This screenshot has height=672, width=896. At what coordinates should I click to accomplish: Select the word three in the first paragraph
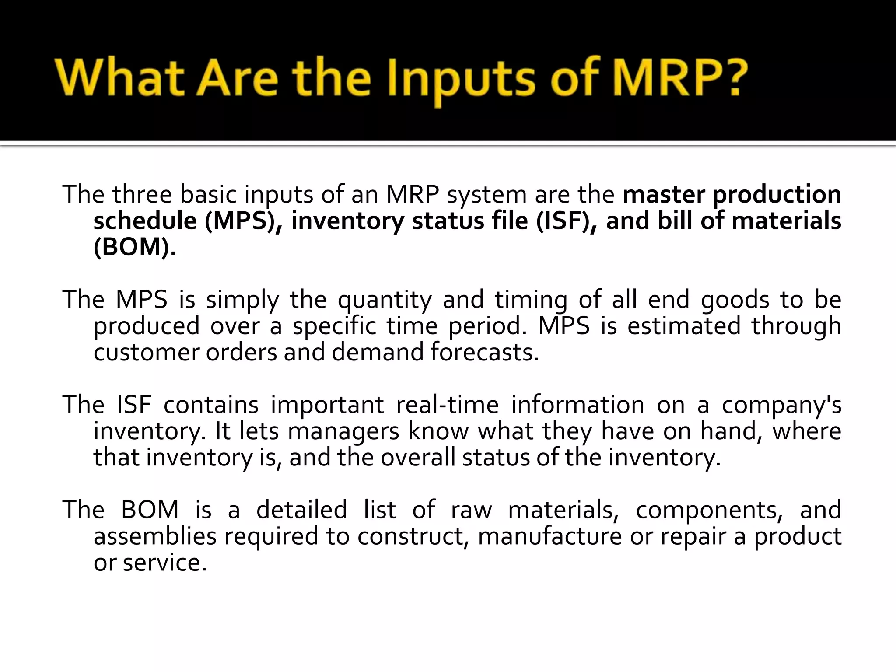point(142,195)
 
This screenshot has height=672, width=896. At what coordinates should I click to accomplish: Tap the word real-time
point(447,405)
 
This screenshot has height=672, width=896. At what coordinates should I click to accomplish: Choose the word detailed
point(301,510)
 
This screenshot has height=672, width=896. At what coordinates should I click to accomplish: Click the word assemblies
point(155,536)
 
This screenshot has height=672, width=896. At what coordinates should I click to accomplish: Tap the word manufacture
point(549,536)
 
